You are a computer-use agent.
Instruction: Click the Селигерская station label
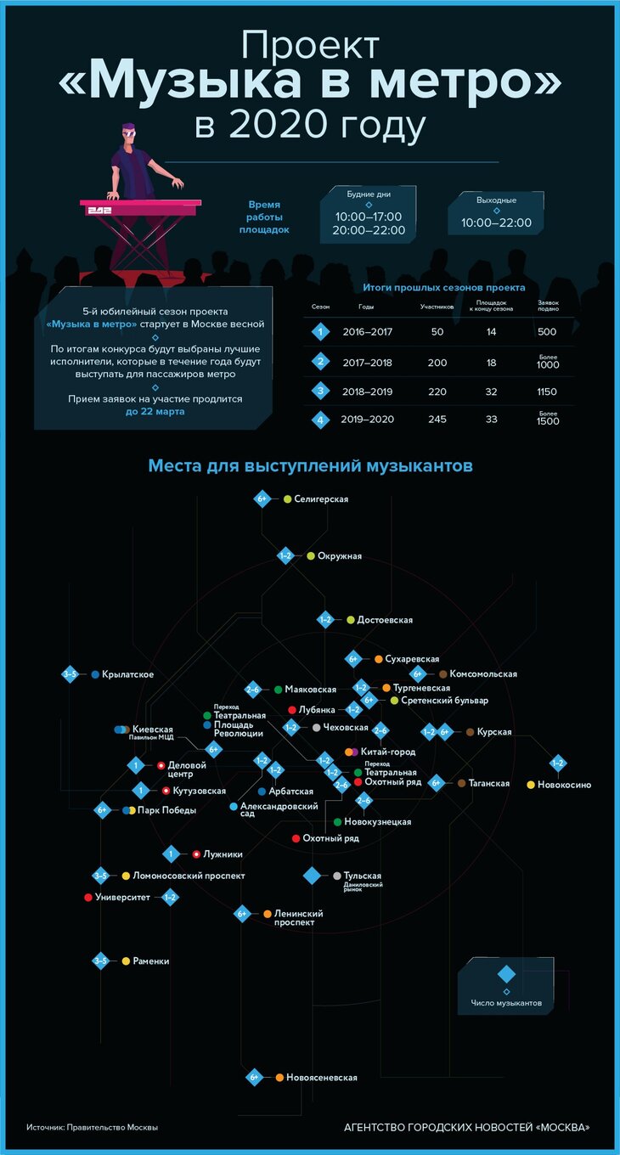click(x=321, y=499)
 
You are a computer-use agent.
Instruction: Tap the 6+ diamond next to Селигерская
click(x=262, y=499)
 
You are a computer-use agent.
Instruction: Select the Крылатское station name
click(x=127, y=674)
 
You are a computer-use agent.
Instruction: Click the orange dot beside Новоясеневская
click(x=279, y=1078)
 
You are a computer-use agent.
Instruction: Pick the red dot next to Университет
click(x=87, y=897)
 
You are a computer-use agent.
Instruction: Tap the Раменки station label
click(x=151, y=961)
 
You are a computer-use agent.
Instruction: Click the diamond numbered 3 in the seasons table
click(x=320, y=391)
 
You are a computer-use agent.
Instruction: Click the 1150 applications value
click(x=548, y=391)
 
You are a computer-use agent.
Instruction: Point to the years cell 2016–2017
click(x=367, y=332)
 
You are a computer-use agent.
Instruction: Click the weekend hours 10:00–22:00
click(x=496, y=223)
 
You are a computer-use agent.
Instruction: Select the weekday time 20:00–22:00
click(x=369, y=230)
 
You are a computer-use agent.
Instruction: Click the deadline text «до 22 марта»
click(x=154, y=412)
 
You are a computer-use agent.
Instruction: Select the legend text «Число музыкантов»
click(x=506, y=1003)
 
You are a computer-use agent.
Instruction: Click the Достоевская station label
click(x=385, y=620)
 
